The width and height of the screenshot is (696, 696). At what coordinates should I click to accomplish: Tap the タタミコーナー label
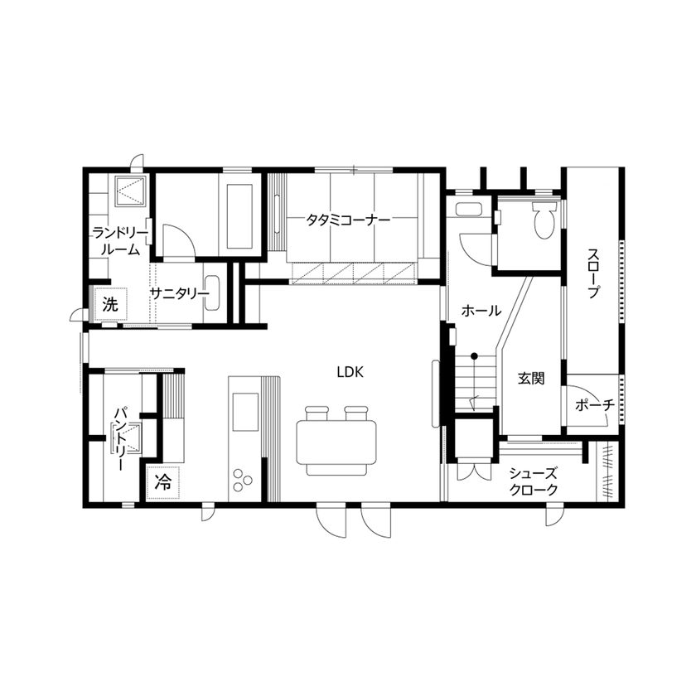pos(347,220)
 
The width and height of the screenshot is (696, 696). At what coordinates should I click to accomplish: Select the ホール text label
pos(481,311)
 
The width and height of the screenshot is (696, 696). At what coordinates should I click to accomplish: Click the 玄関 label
pos(531,379)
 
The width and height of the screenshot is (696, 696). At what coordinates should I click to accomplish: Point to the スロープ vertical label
pos(593,274)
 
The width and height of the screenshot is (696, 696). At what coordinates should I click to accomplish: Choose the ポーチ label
pos(593,406)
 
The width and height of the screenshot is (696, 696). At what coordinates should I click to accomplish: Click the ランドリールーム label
pos(119,240)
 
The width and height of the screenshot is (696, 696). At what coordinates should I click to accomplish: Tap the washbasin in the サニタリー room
pos(211,294)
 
